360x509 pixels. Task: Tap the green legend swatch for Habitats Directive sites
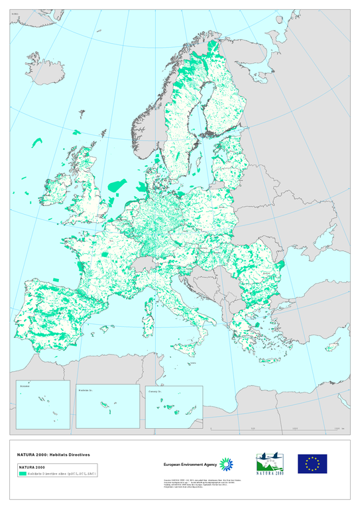click(23, 474)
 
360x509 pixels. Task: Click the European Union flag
click(312, 464)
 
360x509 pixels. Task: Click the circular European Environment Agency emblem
click(227, 465)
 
